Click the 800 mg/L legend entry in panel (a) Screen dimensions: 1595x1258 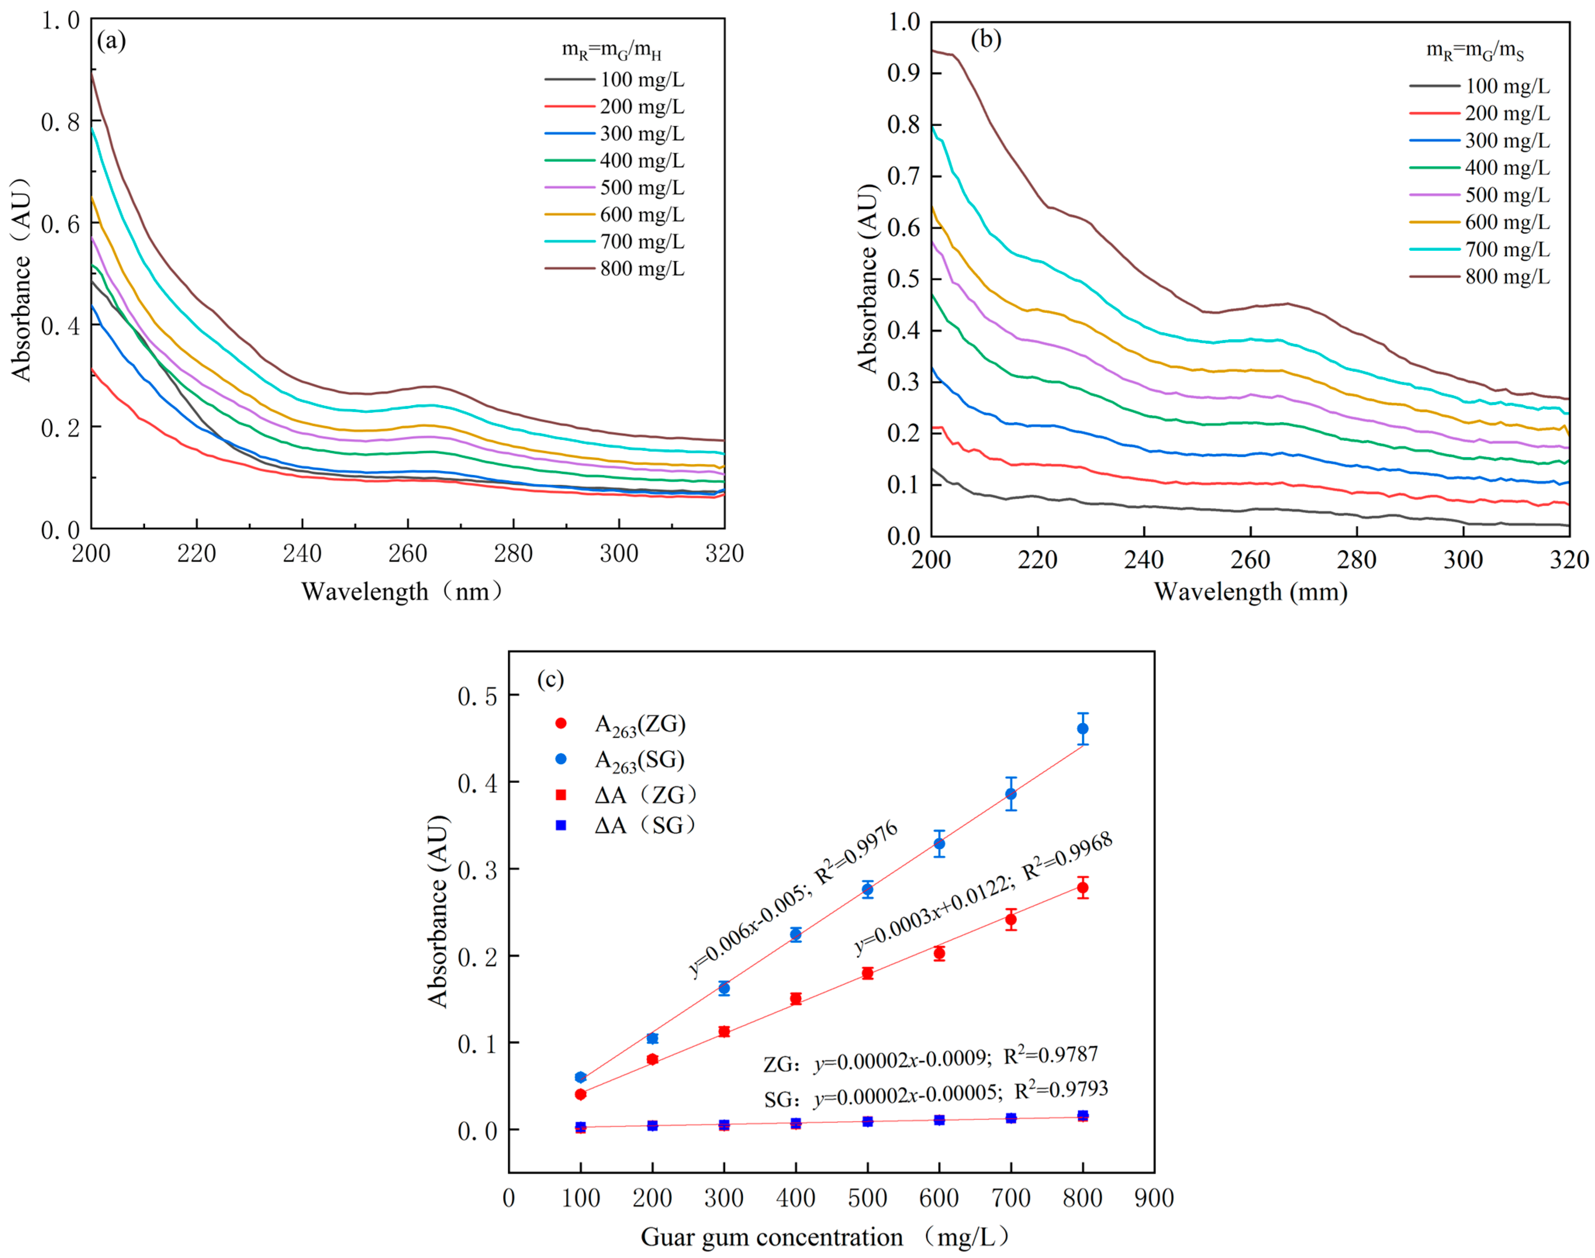(x=615, y=269)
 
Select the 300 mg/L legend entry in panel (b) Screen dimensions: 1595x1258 (x=1480, y=140)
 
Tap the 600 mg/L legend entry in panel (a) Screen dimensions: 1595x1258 (x=615, y=214)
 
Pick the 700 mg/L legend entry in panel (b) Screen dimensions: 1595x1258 (x=1480, y=249)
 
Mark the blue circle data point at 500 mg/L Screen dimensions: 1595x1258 (x=867, y=890)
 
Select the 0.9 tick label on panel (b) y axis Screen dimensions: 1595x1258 (x=904, y=73)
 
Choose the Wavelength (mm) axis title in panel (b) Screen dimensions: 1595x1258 (x=1250, y=592)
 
